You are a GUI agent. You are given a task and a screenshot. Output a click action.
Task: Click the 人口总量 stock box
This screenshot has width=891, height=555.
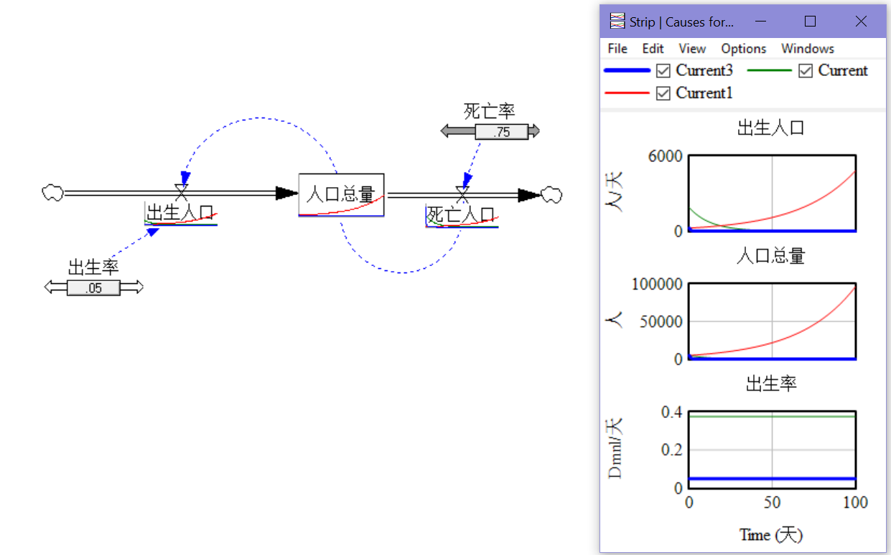(341, 194)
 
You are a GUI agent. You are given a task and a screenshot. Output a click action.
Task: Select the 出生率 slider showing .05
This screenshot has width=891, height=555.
(93, 288)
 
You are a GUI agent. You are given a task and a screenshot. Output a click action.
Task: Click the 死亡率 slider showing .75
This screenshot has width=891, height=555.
(501, 131)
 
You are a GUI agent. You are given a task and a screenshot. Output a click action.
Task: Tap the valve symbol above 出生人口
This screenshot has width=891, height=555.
(182, 191)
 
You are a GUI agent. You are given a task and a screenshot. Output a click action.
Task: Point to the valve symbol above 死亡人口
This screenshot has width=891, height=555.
(462, 194)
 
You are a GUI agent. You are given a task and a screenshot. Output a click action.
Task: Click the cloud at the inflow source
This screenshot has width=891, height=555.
(52, 192)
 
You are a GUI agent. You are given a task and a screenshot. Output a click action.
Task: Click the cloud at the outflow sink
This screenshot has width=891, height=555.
(551, 194)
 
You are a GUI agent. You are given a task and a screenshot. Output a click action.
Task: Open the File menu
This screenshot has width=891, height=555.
(617, 48)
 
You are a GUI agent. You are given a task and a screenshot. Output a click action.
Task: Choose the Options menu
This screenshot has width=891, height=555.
(743, 48)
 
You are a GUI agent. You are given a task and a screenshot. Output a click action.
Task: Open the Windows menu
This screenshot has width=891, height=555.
(807, 48)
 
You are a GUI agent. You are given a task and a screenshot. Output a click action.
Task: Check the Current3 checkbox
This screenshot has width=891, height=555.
(663, 70)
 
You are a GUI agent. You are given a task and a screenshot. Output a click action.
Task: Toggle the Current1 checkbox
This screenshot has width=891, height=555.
(663, 92)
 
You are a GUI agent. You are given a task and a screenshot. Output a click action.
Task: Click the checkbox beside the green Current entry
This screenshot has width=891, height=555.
(806, 70)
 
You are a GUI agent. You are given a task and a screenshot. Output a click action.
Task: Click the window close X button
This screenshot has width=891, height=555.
(861, 22)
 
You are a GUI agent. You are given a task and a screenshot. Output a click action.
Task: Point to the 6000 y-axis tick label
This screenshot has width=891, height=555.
(665, 156)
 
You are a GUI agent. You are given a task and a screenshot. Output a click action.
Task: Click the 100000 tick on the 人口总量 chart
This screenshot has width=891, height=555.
(657, 284)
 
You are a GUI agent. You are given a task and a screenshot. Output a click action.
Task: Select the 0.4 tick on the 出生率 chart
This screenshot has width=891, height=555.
(671, 412)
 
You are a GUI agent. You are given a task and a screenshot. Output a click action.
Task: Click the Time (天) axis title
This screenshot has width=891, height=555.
(771, 534)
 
